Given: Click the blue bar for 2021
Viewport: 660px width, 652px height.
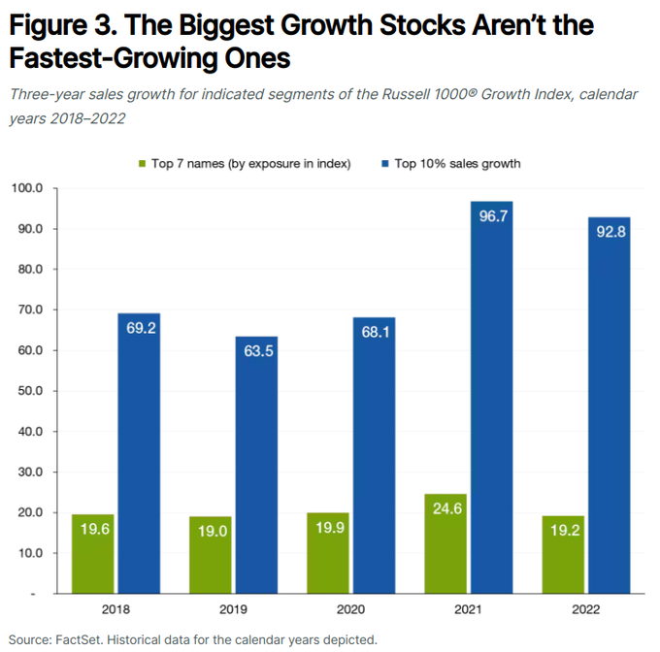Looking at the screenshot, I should (492, 398).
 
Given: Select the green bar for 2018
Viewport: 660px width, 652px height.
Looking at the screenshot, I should (93, 554).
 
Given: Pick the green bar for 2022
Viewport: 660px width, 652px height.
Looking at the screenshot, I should (563, 555).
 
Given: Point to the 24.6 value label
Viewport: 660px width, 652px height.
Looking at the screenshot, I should (445, 532).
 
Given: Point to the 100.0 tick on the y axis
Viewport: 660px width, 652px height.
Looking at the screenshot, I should (27, 188).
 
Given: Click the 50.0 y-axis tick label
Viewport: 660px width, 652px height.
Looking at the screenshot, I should (29, 391).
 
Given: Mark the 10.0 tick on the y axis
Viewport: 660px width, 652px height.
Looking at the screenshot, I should (29, 553).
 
